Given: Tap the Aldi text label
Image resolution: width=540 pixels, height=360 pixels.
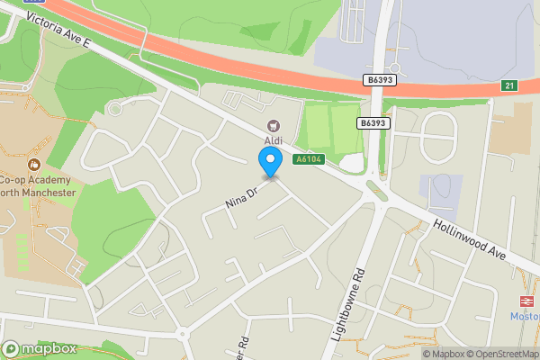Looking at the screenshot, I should point(274,141).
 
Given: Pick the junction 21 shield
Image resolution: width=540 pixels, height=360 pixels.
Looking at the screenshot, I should point(510,85).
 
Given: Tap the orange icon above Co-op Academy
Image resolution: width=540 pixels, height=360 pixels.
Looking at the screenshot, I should point(33,164).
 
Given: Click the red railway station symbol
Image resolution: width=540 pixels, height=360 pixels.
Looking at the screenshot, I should point(526,301).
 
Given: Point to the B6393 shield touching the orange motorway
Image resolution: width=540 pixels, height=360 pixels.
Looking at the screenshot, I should point(379,81).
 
